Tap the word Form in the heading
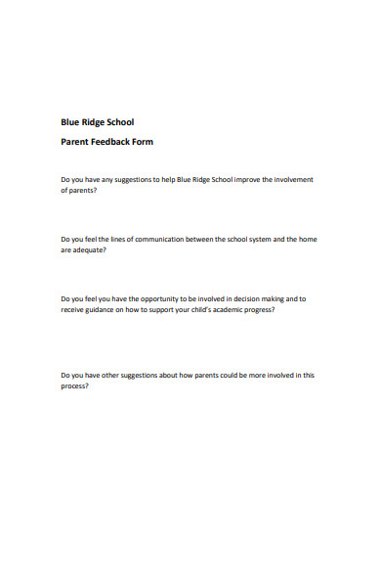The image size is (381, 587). pos(143,142)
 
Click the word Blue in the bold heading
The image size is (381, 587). pos(70,122)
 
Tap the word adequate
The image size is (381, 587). pos(87,249)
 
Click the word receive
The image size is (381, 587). pos(73,309)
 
